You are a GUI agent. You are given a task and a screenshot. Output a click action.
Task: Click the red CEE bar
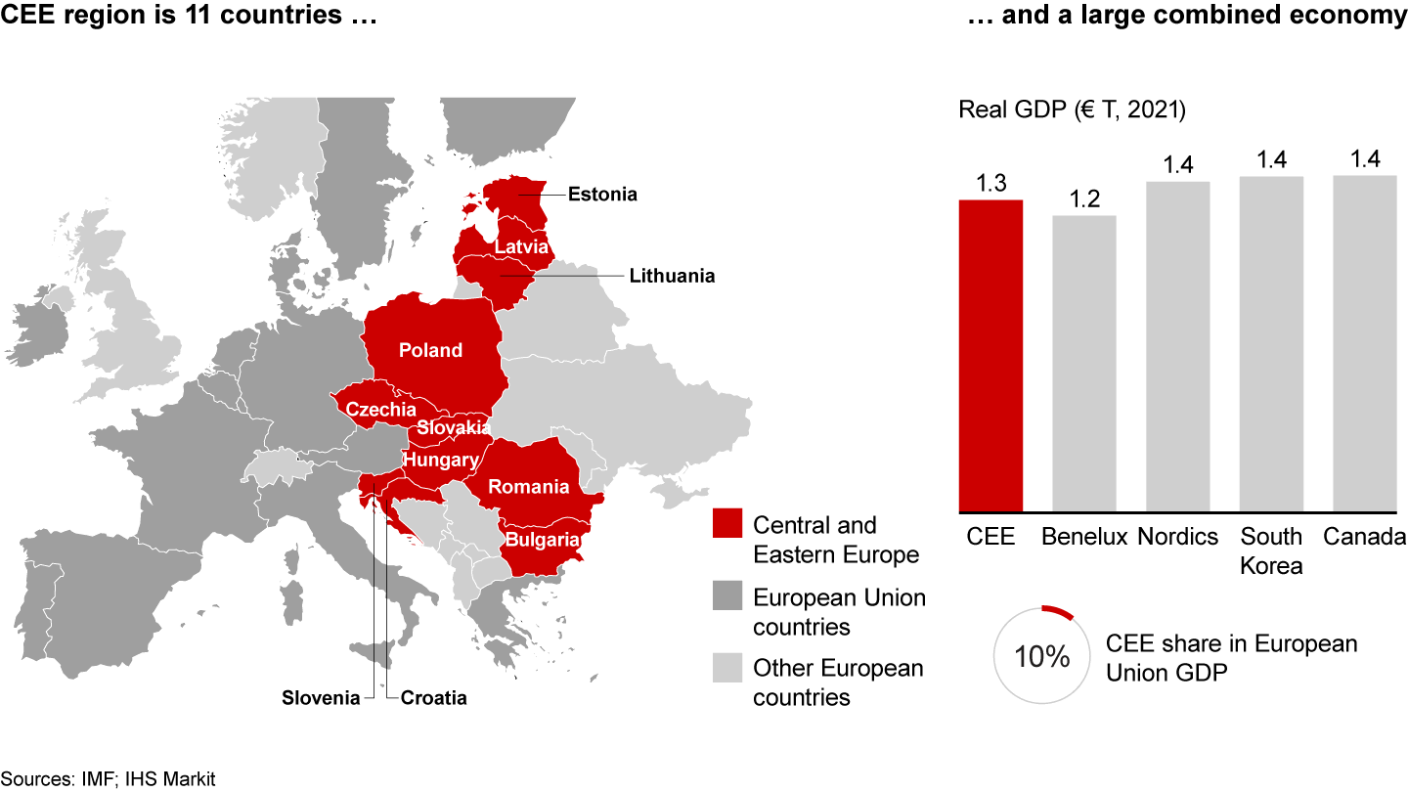pos(990,355)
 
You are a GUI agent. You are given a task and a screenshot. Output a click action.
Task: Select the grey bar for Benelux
pos(1084,363)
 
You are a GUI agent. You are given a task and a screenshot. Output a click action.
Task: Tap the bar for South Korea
pos(1271,344)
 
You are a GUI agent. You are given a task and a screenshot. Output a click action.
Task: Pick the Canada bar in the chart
pos(1364,343)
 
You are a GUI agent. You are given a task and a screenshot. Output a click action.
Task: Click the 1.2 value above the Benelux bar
pos(1084,199)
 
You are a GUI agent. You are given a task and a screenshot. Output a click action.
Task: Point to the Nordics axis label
pos(1178,537)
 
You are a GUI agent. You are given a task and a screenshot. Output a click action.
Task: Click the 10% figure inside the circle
pos(1042,656)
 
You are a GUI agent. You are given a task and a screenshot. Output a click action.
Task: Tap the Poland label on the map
pos(430,350)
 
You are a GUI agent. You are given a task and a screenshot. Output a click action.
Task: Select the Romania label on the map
pos(529,487)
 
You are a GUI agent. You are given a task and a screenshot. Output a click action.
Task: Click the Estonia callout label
pos(602,195)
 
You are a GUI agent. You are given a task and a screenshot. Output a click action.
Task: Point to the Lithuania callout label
pos(672,276)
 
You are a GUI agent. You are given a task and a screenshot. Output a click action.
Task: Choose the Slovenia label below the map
pos(321,698)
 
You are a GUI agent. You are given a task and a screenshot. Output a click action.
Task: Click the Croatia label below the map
pos(433,698)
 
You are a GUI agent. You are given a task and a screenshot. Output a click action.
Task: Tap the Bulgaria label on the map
pos(543,539)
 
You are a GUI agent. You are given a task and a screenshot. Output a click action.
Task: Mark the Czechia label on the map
pos(381,410)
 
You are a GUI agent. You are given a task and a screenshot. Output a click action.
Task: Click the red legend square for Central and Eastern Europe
pos(728,525)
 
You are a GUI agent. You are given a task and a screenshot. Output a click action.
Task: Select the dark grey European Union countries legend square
pos(728,596)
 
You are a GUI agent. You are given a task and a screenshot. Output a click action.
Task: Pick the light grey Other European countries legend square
pos(728,669)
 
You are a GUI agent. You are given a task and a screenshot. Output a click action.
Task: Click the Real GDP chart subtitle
pos(1072,110)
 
